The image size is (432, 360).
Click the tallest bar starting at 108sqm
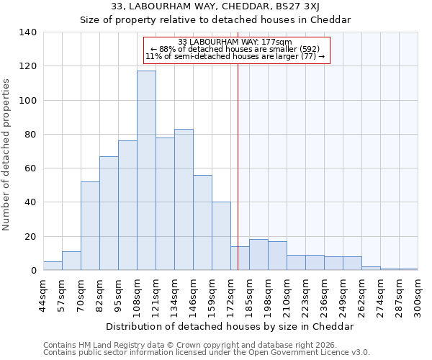pyautogui.click(x=146, y=171)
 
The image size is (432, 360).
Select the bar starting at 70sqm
pyautogui.click(x=90, y=226)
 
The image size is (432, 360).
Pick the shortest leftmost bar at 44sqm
pyautogui.click(x=53, y=266)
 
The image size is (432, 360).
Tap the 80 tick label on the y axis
pyautogui.click(x=30, y=135)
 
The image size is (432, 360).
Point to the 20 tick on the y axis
pyautogui.click(x=30, y=237)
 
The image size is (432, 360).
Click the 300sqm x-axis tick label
pyautogui.click(x=418, y=295)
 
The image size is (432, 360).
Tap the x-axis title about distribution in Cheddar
pyautogui.click(x=230, y=326)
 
